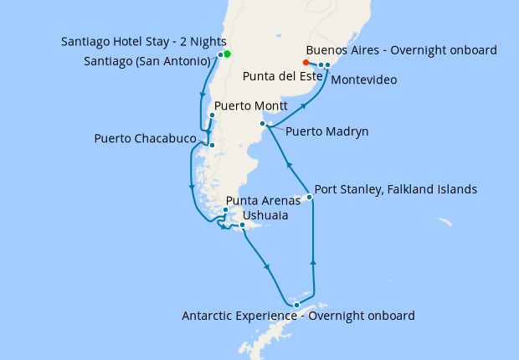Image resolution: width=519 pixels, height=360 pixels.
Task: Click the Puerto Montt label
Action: pos(251,107)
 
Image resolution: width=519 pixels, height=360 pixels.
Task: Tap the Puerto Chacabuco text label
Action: pos(146,138)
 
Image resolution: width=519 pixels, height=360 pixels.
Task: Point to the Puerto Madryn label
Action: pos(326,131)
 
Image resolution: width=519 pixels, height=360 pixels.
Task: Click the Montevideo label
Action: pos(364,80)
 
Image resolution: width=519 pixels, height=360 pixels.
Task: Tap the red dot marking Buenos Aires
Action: pos(306,62)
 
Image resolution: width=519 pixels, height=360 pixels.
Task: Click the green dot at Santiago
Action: pos(227,54)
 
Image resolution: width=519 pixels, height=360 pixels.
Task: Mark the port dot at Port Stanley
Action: pos(309,197)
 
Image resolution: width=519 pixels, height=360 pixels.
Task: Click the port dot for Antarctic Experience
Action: pos(296,305)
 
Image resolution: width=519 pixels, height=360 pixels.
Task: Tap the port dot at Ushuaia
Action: pos(242,225)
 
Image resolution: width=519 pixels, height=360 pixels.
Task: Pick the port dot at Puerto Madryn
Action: pos(263,124)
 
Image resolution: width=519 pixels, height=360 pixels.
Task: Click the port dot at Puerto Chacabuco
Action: pos(212,146)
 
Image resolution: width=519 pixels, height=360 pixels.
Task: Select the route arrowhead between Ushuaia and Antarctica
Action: pos(268,267)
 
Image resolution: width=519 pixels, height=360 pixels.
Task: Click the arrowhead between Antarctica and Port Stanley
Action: pos(314,262)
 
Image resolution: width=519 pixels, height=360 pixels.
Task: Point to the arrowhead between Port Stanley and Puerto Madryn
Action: pos(289,165)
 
